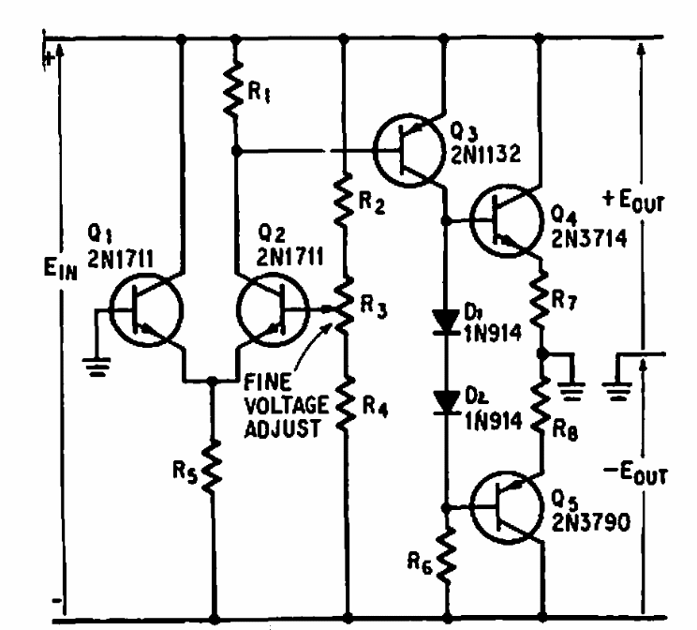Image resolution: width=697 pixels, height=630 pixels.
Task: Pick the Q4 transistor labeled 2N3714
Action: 507,221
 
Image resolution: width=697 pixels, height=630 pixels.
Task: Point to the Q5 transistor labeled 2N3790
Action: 507,506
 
